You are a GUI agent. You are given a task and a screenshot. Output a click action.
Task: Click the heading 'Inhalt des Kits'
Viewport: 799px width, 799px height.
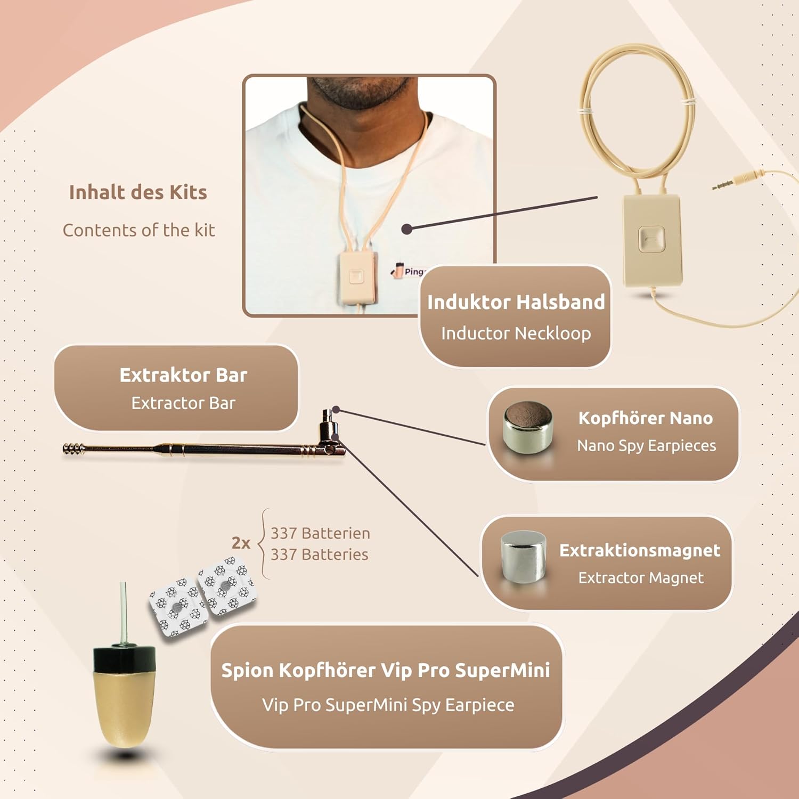tap(138, 192)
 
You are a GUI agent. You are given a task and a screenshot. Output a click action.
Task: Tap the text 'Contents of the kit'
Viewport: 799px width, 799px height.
tap(138, 230)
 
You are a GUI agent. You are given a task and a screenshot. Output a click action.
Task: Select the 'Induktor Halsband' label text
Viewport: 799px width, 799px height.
tap(516, 302)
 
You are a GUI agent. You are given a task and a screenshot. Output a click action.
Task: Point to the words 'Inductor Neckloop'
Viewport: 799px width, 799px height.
tap(516, 333)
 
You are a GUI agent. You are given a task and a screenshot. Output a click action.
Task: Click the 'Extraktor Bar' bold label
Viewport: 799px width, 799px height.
tap(183, 375)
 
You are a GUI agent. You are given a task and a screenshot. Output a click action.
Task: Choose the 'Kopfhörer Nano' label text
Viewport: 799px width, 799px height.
tap(646, 418)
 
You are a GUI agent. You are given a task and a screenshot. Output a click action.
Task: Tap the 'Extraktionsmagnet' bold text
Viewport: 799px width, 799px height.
tap(640, 550)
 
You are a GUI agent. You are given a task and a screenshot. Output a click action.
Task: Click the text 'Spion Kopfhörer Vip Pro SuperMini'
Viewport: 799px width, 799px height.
tap(386, 671)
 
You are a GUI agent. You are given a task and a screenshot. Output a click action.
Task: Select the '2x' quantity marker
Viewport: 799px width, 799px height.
tap(241, 543)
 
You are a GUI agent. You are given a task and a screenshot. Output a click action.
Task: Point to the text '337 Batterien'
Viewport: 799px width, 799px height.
tap(320, 533)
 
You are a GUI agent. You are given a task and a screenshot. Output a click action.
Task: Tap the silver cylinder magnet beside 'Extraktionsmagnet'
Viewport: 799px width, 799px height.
tap(524, 557)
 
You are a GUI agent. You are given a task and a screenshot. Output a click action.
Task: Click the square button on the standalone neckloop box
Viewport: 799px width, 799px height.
tap(650, 239)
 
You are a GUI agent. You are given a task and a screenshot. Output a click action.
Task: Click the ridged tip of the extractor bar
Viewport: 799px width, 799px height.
tap(74, 449)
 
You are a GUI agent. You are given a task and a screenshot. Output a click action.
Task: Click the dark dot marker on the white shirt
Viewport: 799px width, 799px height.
tap(407, 229)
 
